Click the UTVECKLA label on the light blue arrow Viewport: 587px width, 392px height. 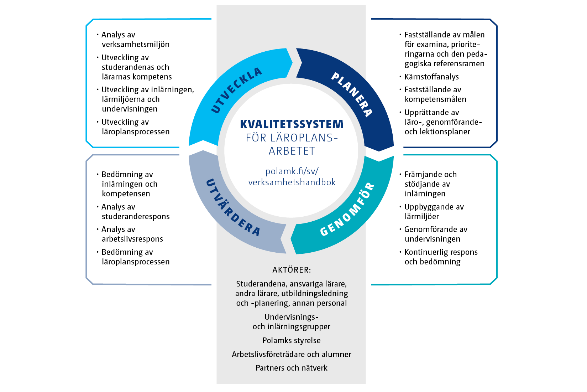(236, 90)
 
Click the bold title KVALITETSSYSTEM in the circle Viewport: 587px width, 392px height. (292, 124)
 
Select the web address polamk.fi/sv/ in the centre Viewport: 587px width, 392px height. (292, 171)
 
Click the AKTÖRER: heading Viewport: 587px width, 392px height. (292, 270)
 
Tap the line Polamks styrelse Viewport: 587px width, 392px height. (292, 340)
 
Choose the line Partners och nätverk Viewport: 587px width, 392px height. (292, 368)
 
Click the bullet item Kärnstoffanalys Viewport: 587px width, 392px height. (431, 77)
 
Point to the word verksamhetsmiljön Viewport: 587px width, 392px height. (136, 44)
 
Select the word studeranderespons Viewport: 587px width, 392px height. (136, 216)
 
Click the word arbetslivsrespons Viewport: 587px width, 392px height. (132, 239)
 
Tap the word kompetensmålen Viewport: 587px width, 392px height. (435, 99)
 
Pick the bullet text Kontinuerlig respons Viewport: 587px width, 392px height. (441, 252)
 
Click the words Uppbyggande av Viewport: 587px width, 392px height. (434, 207)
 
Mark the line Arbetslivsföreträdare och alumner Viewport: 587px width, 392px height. (292, 354)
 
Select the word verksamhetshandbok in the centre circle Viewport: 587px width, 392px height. (292, 182)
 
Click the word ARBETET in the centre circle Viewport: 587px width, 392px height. (292, 151)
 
